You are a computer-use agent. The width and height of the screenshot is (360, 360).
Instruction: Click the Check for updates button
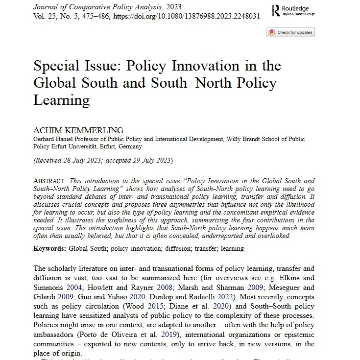290,32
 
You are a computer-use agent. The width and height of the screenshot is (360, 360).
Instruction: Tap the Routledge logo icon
278,10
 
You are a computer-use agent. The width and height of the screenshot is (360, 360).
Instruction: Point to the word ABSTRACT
51,181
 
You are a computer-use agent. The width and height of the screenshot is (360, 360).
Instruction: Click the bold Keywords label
49,248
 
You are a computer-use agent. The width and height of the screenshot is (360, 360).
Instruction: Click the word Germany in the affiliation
129,146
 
